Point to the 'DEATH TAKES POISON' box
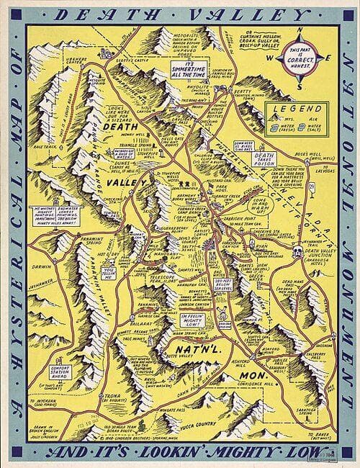pyautogui.click(x=265, y=158)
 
